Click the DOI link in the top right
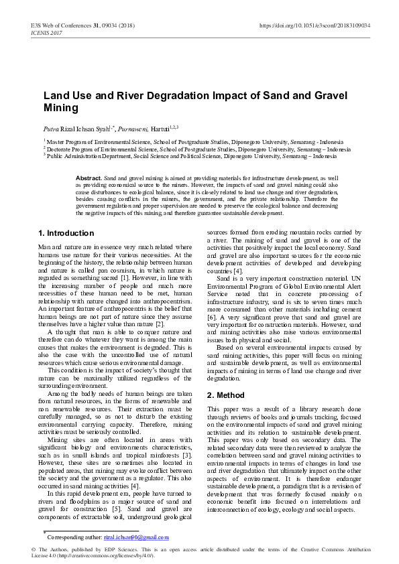[x=315, y=25]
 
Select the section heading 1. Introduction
[x=66, y=233]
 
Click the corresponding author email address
[x=136, y=537]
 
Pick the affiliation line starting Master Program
[x=194, y=142]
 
